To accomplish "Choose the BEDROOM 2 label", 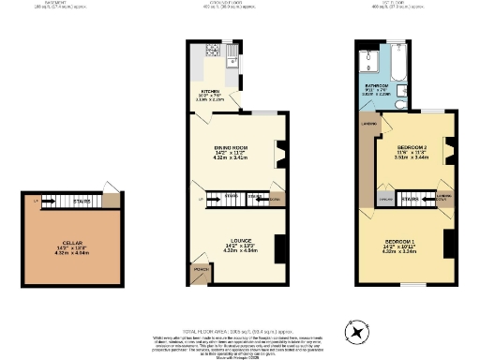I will coord(412,148).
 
